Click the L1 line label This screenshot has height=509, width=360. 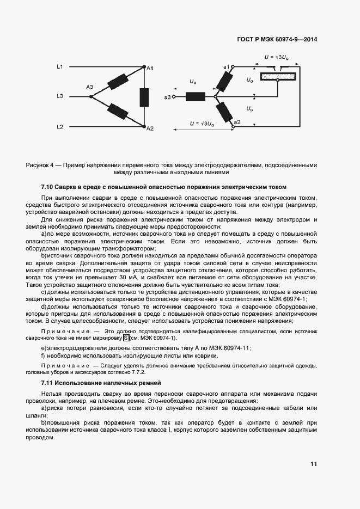point(60,67)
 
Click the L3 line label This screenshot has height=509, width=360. point(60,97)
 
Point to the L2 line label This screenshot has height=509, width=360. point(60,127)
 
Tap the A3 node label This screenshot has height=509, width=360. point(89,87)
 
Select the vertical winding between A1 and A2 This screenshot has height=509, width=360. point(145,97)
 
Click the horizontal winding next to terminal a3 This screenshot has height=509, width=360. point(195,97)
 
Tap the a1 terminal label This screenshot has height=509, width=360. point(226,66)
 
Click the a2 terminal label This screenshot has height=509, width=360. point(236,122)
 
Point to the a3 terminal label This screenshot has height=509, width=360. point(167,97)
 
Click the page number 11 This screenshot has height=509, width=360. point(314,464)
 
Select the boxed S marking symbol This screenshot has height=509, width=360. point(126,338)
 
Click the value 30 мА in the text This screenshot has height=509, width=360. point(129,278)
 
